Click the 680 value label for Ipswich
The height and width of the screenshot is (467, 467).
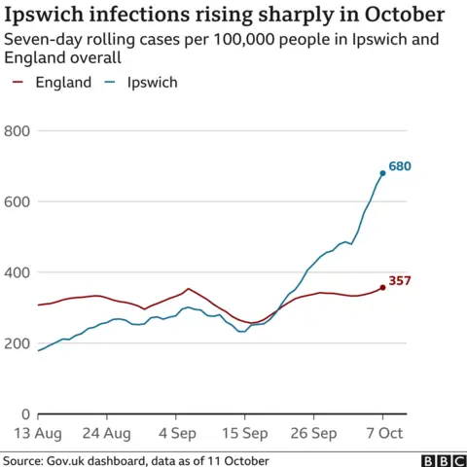point(400,166)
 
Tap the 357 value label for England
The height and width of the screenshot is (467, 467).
point(400,281)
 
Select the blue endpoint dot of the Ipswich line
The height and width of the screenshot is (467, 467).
point(382,173)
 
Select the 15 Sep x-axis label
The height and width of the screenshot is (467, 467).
point(244,433)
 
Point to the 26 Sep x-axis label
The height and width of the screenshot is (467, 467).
point(313,433)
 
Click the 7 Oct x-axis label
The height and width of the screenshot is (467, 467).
point(382,433)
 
